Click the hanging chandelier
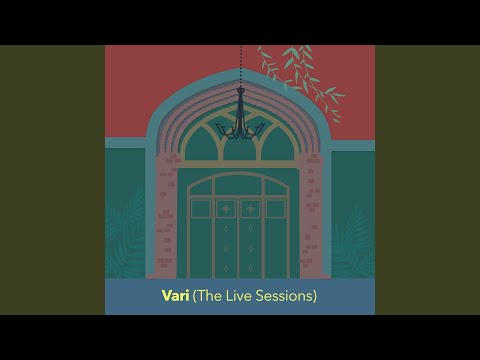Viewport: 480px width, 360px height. click(240, 119)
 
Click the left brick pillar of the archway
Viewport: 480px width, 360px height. click(166, 215)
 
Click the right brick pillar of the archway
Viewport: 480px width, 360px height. click(313, 215)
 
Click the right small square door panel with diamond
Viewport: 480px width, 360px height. click(251, 209)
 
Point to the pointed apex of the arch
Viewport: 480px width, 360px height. click(240, 73)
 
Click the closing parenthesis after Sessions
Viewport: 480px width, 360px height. click(315, 296)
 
